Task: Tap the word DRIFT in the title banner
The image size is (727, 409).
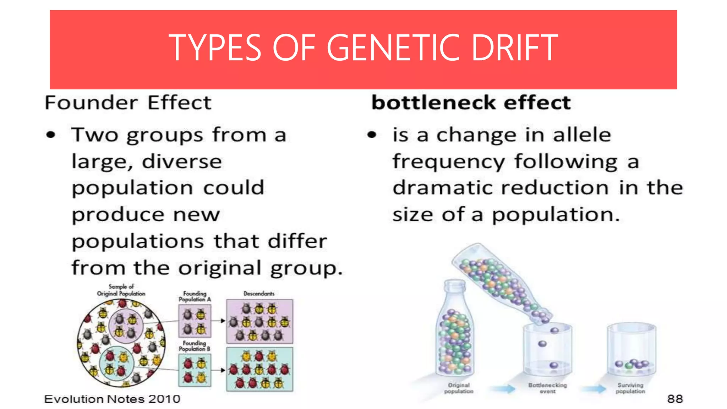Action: [515, 48]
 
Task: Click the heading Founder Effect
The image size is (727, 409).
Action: [128, 103]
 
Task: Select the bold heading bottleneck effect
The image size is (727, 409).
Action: [471, 103]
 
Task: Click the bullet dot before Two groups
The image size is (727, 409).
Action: [51, 135]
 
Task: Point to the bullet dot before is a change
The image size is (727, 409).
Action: [371, 135]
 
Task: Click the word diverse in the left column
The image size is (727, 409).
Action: [182, 162]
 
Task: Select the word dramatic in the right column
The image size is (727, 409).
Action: [442, 188]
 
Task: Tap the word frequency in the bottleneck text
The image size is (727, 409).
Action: [448, 162]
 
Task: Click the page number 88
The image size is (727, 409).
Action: [675, 399]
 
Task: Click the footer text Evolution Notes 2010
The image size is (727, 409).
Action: [112, 399]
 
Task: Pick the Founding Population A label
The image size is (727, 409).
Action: [195, 296]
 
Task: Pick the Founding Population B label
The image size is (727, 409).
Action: [194, 346]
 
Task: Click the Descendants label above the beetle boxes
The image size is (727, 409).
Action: [259, 294]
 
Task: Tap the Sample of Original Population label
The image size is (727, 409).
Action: [121, 290]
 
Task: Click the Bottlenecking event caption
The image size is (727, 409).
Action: [547, 388]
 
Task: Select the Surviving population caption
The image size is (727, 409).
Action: [630, 388]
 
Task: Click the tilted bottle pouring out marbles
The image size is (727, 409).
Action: [501, 280]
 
